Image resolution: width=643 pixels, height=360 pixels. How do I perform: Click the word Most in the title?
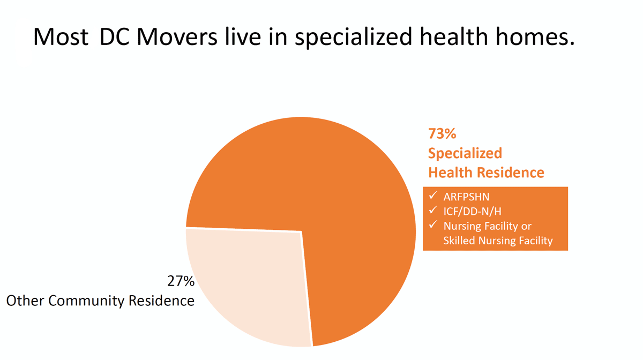(x=61, y=37)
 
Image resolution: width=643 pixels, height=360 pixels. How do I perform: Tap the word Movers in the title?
(x=177, y=37)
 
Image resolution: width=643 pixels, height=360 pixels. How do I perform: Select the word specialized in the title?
(x=354, y=37)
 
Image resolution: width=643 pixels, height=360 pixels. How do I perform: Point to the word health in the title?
(x=454, y=36)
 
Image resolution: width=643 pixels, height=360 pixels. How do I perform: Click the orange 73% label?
(x=442, y=133)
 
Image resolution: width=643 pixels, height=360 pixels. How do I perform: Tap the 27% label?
(x=181, y=281)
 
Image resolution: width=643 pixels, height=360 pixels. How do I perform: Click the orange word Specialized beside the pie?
(x=465, y=154)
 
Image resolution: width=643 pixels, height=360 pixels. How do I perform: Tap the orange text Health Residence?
(x=487, y=172)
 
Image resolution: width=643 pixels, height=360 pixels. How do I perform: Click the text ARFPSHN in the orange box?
(x=467, y=197)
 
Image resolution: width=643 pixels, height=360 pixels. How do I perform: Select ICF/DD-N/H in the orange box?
(x=473, y=212)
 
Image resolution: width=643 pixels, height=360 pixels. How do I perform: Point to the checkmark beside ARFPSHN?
(x=433, y=196)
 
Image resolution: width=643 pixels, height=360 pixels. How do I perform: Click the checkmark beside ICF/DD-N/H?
(x=433, y=210)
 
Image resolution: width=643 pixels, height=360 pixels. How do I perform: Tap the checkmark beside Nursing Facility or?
(x=433, y=225)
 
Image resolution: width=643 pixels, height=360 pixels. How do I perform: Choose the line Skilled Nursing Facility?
(x=498, y=241)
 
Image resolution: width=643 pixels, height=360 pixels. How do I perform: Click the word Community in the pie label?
(x=86, y=301)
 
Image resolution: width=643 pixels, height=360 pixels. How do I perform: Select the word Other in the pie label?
(x=25, y=301)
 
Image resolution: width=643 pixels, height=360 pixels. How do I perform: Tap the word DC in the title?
(x=114, y=37)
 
